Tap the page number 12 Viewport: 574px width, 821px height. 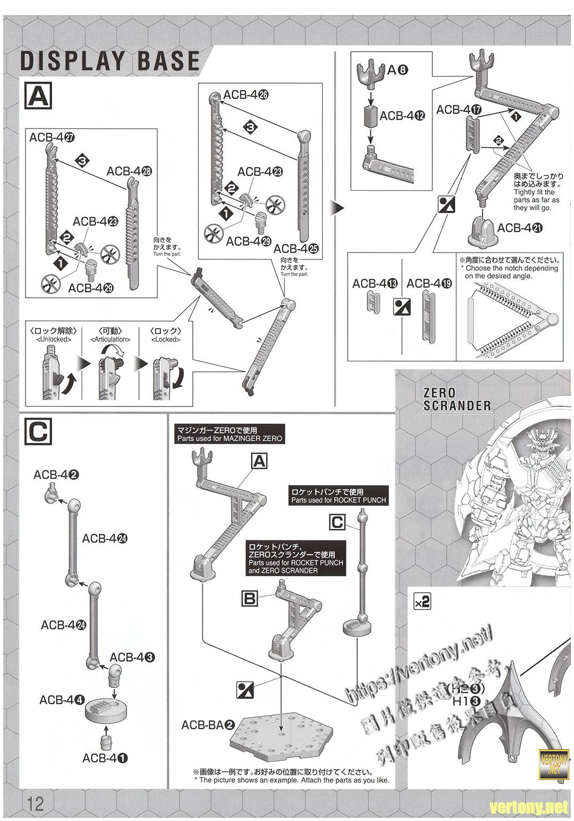click(33, 803)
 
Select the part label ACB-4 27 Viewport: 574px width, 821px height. click(52, 137)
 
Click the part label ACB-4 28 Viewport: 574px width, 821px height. click(129, 172)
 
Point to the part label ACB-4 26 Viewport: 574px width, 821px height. click(245, 95)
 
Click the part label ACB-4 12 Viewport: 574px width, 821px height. click(403, 116)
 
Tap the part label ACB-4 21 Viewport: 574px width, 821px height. click(520, 228)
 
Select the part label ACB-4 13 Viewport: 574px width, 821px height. click(375, 283)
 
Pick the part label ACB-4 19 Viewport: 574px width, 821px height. click(429, 283)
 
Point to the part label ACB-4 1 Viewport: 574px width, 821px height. click(105, 758)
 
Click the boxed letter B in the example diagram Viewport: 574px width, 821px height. click(250, 598)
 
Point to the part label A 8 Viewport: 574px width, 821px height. click(397, 69)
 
